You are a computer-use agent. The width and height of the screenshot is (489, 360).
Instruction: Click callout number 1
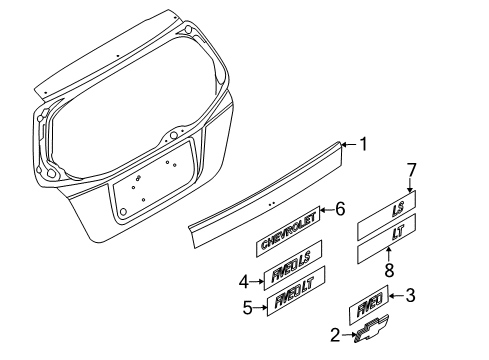[x=363, y=144]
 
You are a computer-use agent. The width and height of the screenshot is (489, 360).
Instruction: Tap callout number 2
[x=335, y=335]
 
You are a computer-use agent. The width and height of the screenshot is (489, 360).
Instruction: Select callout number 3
[x=410, y=295]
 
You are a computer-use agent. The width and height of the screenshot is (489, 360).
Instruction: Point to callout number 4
[x=244, y=282]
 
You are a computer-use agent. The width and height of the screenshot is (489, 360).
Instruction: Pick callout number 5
[x=247, y=308]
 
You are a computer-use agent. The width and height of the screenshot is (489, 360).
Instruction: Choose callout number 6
[x=340, y=209]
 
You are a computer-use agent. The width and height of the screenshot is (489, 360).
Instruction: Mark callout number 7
[x=412, y=170]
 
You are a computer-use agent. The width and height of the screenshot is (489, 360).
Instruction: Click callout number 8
[x=389, y=270]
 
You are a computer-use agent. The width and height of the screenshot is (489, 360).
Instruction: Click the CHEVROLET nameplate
[x=288, y=232]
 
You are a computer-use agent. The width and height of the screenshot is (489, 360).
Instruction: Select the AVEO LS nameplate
[x=293, y=265]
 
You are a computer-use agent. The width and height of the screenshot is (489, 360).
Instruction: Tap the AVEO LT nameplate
[x=296, y=291]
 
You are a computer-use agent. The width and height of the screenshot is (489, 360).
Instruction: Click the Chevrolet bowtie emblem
[x=371, y=329]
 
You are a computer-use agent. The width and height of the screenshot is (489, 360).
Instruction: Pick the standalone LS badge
[x=387, y=215]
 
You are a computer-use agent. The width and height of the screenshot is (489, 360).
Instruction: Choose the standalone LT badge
[x=387, y=239]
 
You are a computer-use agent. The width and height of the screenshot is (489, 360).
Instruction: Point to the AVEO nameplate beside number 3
[x=369, y=305]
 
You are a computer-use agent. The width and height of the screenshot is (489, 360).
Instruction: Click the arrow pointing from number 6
[x=327, y=210]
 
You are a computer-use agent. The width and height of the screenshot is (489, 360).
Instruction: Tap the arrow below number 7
[x=410, y=185]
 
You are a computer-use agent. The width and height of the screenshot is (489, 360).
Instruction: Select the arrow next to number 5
[x=260, y=308]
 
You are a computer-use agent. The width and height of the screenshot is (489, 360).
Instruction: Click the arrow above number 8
[x=389, y=254]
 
